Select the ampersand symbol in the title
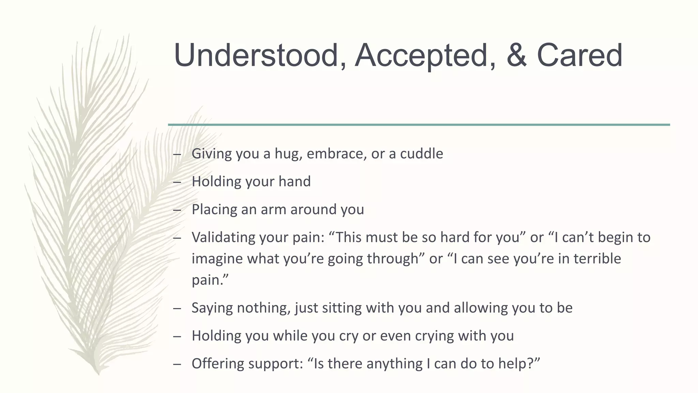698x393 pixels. point(516,55)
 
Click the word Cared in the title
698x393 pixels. point(580,55)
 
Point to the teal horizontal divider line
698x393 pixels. point(419,125)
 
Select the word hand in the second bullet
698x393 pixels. point(294,181)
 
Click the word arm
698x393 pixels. point(273,209)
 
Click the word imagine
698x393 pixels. point(217,259)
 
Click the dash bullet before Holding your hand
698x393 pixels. point(177,182)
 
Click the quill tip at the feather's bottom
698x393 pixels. point(98,374)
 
